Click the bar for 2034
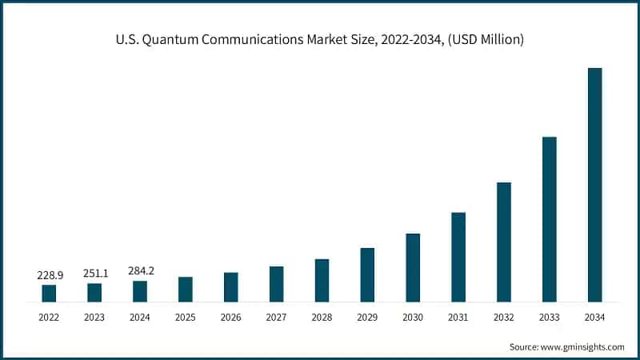[x=594, y=185]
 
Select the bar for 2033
[x=549, y=219]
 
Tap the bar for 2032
[x=503, y=242]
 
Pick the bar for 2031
[x=458, y=257]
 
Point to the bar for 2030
[x=413, y=268]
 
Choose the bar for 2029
[x=367, y=275]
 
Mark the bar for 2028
[x=322, y=281]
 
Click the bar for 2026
[x=230, y=287]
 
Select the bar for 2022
[x=49, y=294]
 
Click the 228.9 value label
[x=50, y=275]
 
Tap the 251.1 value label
[x=95, y=274]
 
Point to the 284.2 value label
[x=141, y=271]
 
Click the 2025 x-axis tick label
[x=185, y=318]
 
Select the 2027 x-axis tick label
[x=276, y=318]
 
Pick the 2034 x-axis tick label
[x=594, y=318]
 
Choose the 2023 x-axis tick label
[x=94, y=318]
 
